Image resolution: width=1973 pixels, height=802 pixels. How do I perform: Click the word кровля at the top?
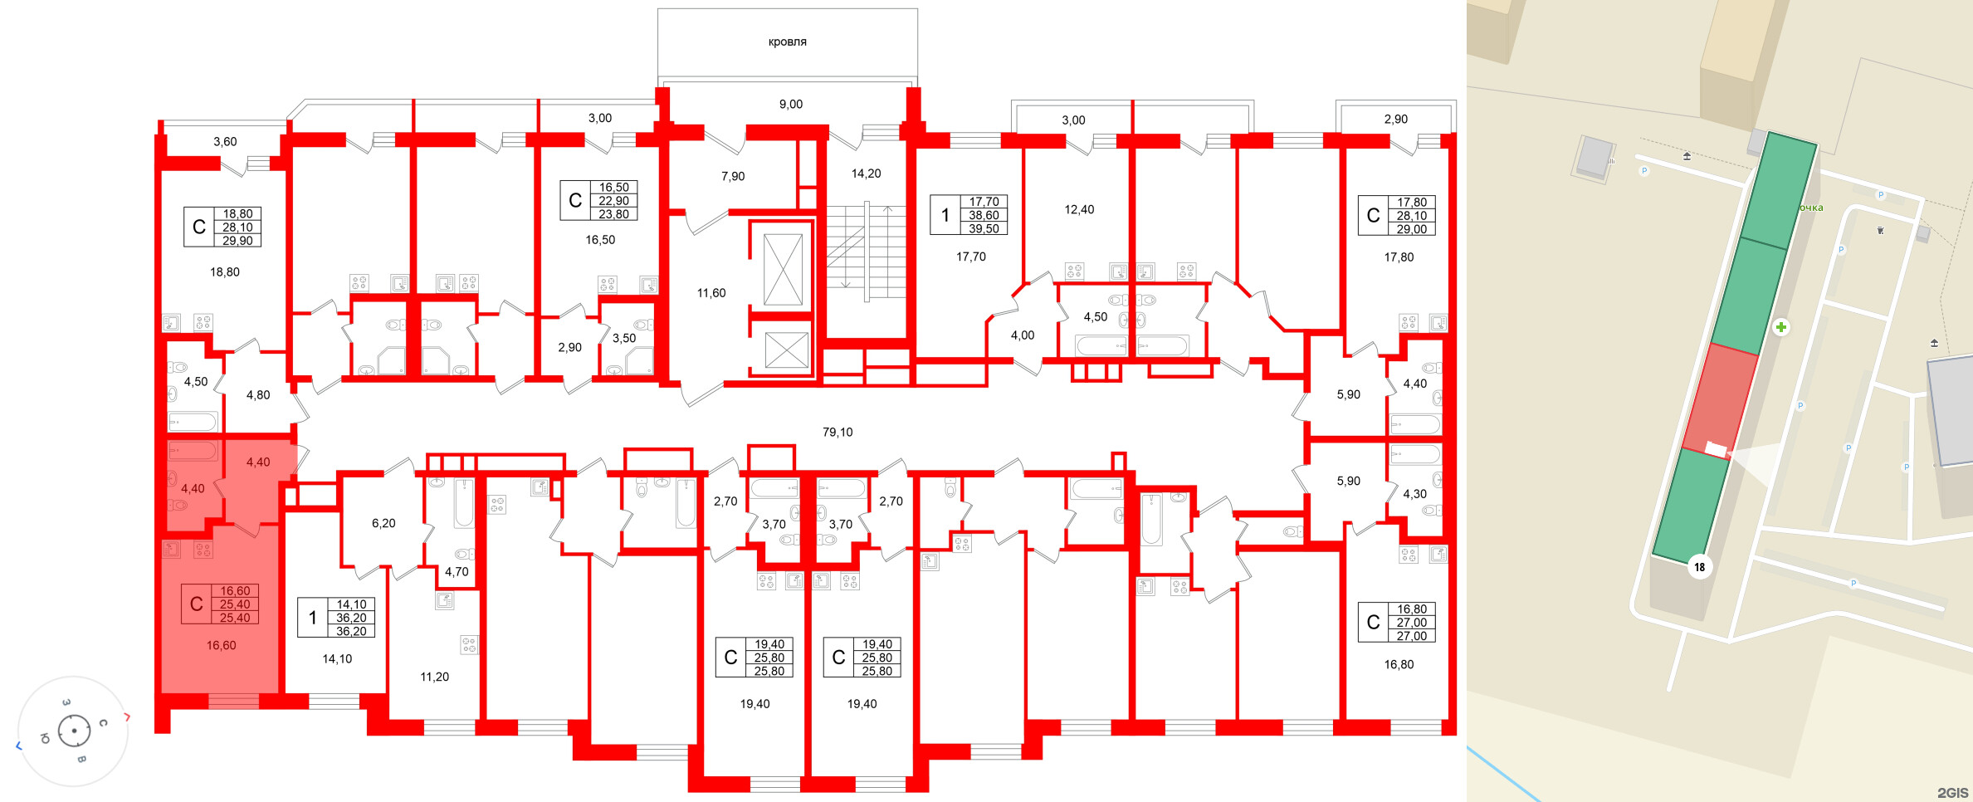point(787,42)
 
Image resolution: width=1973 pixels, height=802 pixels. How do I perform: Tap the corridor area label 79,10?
point(838,432)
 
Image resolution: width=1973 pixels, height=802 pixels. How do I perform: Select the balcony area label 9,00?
point(790,104)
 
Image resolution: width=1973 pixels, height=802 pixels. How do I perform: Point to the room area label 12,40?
point(1079,209)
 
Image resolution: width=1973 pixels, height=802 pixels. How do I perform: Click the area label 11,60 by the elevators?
point(711,292)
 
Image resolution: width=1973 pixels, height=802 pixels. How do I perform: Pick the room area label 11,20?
point(434,677)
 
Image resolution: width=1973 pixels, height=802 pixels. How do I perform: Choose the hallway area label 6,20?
point(383,523)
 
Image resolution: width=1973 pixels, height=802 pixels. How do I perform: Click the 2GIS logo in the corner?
point(1952,792)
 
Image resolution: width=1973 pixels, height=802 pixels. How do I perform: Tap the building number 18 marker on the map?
point(1700,567)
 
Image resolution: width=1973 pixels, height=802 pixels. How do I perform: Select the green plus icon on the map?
point(1781,327)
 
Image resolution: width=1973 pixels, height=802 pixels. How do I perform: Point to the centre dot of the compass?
point(75,731)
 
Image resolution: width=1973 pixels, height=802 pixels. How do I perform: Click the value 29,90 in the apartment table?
point(237,241)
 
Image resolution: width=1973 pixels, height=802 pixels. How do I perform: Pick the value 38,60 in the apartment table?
point(984,215)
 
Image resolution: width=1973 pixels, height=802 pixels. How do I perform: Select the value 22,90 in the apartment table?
point(614,201)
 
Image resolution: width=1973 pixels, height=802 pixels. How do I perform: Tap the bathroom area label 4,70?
point(457,571)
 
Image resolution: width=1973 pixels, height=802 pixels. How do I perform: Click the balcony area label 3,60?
point(225,141)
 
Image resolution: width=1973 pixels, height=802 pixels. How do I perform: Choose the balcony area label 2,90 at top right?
point(1396,119)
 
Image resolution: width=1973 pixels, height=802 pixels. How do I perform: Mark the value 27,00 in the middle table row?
point(1411,623)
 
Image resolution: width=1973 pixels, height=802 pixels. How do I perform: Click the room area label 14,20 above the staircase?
point(866,174)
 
